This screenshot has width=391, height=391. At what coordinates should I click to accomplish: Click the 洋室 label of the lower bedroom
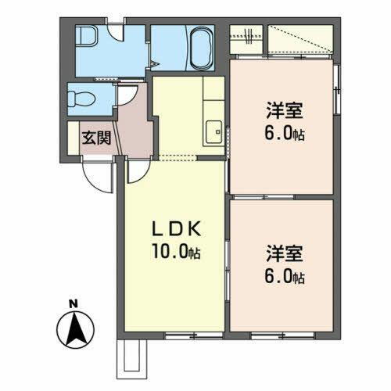[x=283, y=255]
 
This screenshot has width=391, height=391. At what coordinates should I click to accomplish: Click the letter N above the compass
[x=71, y=303]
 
